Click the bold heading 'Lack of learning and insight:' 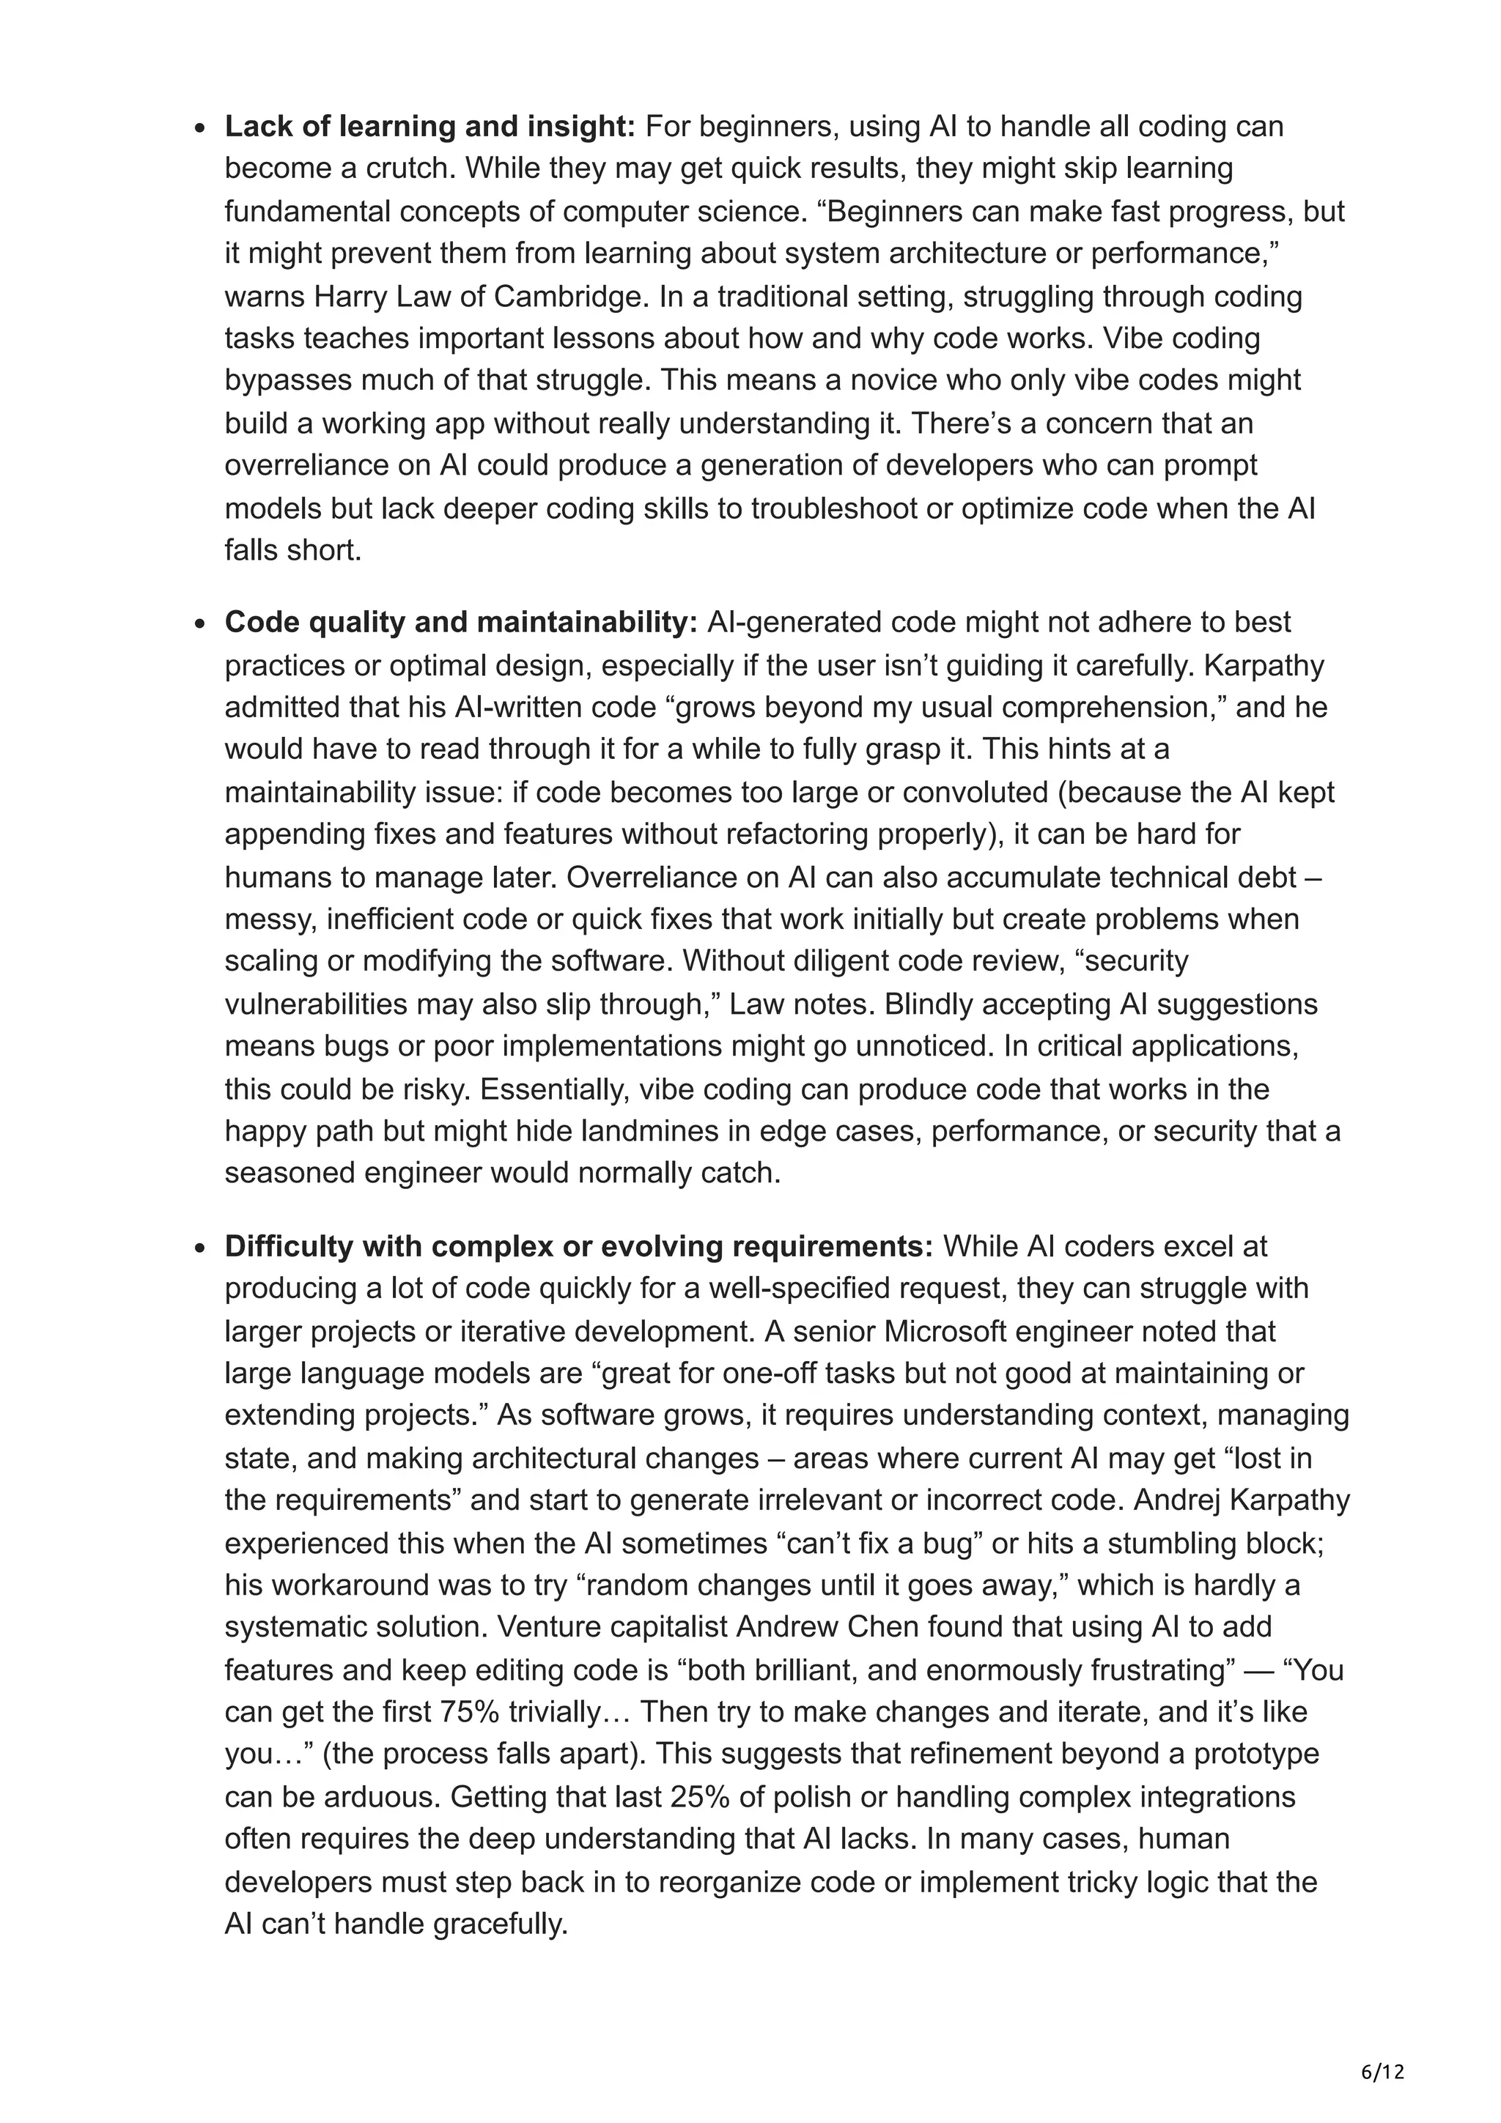pos(429,127)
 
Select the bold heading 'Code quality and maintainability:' pos(460,622)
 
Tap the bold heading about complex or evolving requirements pos(579,1246)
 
